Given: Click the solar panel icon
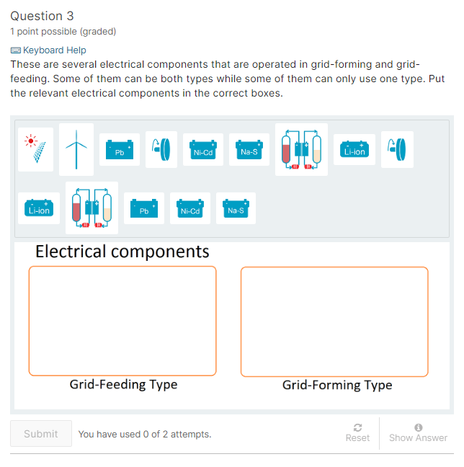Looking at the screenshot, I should [35, 149].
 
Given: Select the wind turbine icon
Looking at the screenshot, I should [76, 149].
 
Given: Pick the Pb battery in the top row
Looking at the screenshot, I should [120, 149].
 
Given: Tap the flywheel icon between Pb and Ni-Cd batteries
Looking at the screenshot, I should [161, 149].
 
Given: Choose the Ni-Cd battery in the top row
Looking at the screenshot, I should [202, 149].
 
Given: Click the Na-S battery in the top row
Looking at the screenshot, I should [249, 149].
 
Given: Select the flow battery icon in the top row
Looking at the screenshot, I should [301, 149].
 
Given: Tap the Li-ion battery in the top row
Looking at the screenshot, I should [354, 149].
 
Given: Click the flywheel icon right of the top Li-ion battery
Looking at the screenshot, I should [397, 149].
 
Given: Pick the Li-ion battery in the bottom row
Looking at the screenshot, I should [37, 208].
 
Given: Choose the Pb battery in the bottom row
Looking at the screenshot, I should [143, 208].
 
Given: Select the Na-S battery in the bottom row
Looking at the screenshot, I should [236, 208].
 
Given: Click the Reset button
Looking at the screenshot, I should [357, 433].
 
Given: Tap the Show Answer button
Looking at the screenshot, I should [418, 433].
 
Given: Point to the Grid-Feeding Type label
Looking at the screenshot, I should [123, 384].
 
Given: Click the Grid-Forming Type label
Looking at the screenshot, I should [337, 385].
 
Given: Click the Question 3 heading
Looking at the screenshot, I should [42, 16].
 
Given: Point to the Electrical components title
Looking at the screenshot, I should [122, 252].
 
